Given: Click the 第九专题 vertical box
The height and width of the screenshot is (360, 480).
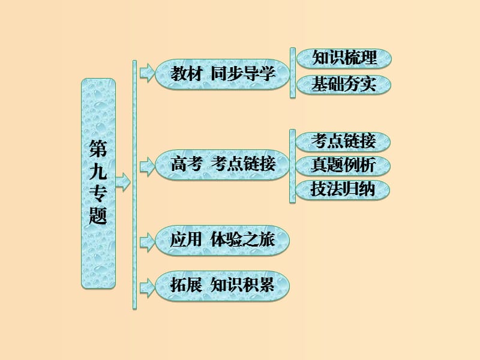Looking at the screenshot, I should coord(98,183).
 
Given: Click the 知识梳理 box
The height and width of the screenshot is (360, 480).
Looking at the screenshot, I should coord(344,59).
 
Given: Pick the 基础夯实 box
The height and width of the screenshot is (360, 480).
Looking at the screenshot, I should coord(344,85).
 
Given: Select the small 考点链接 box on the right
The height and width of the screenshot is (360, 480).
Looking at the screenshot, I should coord(344,142).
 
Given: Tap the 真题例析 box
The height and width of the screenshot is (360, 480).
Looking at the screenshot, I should coord(344,165).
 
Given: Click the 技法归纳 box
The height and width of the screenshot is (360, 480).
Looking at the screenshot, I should coord(344,189).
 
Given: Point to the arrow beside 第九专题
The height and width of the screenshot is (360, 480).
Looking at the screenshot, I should coord(124,182).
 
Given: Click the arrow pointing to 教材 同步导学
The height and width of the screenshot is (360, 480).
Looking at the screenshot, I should coord(146,74).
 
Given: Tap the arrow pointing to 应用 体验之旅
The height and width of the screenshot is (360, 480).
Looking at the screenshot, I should coord(146,241).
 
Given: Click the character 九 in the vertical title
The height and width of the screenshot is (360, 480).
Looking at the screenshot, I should coord(98,172).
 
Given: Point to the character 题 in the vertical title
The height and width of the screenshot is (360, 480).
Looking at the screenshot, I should coord(98,215).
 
